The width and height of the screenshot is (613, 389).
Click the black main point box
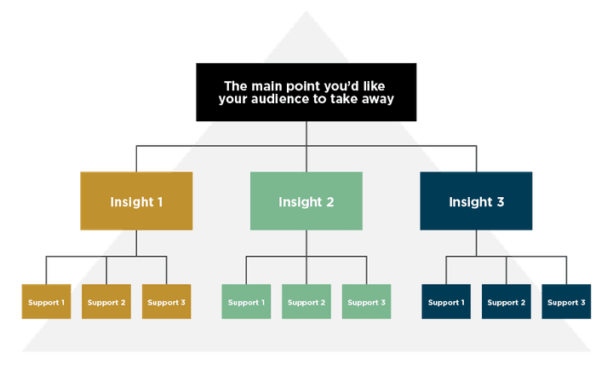click(306, 93)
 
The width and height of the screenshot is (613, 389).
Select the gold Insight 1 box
click(136, 201)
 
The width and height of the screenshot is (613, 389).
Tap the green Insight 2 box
click(306, 201)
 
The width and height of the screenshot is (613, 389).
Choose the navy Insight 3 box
click(476, 201)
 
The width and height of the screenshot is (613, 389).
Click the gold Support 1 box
click(46, 302)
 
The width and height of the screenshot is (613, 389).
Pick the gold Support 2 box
click(106, 302)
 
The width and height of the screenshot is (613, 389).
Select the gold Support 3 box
click(167, 302)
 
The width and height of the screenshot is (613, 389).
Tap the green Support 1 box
click(246, 302)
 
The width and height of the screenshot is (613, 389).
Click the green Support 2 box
click(306, 302)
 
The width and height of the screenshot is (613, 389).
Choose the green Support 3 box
click(367, 302)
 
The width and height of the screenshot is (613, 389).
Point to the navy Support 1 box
click(445, 302)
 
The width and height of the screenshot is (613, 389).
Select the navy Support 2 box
click(506, 302)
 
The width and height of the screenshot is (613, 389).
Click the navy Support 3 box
click(566, 302)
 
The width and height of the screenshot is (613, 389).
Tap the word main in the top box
click(266, 85)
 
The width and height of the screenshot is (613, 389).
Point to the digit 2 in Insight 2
click(329, 202)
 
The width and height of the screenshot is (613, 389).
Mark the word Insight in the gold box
click(130, 202)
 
